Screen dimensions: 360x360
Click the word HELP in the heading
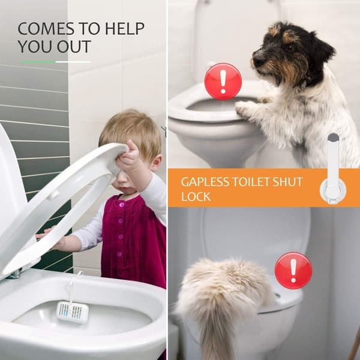click(125, 28)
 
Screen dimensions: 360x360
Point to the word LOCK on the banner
click(196, 197)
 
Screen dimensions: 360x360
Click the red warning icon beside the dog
click(223, 82)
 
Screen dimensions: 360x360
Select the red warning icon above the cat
click(293, 271)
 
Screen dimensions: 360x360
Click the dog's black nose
click(256, 61)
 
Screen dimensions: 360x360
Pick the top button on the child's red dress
click(121, 204)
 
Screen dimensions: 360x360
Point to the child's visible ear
click(157, 163)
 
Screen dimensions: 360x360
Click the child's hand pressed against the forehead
click(127, 156)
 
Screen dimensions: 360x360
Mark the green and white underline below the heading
click(55, 62)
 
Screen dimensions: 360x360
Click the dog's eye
click(291, 48)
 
